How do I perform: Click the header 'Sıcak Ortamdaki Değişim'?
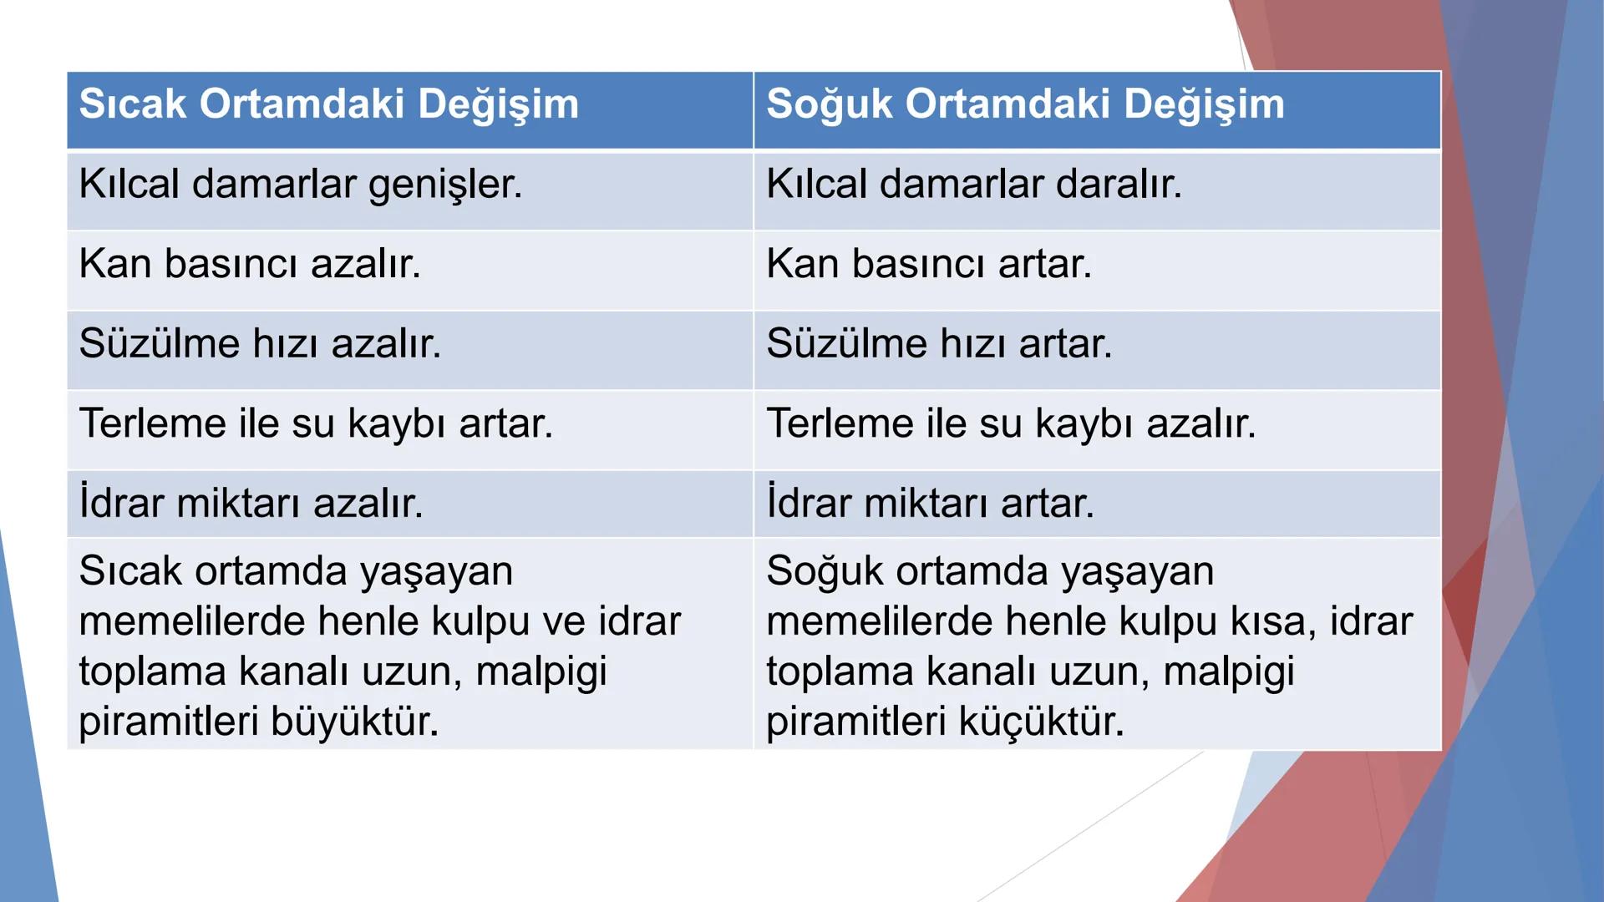click(x=328, y=104)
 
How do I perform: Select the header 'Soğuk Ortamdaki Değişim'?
click(x=1025, y=104)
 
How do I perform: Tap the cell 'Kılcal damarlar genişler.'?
click(x=301, y=185)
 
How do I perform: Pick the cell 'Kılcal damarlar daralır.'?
click(x=974, y=185)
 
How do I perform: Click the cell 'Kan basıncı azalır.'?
click(x=250, y=264)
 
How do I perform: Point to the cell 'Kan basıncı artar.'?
click(x=929, y=264)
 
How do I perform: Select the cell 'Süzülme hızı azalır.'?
click(x=260, y=344)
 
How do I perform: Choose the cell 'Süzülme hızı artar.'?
click(x=939, y=344)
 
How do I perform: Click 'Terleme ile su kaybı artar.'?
click(x=316, y=423)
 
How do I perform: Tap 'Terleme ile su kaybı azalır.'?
click(x=1011, y=423)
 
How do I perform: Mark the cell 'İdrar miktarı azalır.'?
click(x=251, y=503)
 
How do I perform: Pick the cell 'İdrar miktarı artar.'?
click(x=930, y=503)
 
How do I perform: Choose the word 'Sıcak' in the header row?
click(x=132, y=104)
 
